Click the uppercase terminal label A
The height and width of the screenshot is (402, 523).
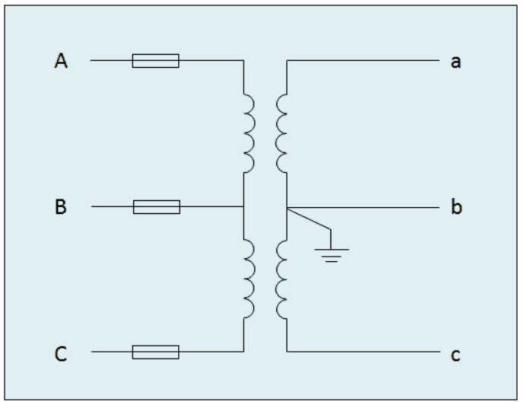tap(61, 62)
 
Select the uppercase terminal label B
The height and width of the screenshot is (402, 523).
tap(61, 207)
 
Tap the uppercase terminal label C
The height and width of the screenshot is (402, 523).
tap(61, 353)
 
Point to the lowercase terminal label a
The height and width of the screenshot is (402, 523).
tap(456, 62)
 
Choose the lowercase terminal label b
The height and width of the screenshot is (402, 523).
tap(456, 207)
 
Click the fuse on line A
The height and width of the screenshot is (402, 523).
tap(155, 61)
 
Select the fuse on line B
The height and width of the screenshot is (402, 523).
tap(156, 206)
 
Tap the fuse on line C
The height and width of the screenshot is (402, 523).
tap(155, 352)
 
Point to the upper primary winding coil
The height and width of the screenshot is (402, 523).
tap(248, 134)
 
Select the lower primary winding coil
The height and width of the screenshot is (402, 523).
tap(248, 278)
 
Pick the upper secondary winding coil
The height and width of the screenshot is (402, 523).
tap(281, 134)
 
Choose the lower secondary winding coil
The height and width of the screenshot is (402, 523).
tap(281, 278)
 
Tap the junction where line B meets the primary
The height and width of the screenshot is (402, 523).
tap(244, 206)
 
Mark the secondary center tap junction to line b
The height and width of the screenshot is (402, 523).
tap(286, 207)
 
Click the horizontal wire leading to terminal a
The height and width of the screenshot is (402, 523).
tap(365, 61)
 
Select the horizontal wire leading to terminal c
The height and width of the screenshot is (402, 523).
tap(365, 352)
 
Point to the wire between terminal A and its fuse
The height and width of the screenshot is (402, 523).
tap(111, 61)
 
